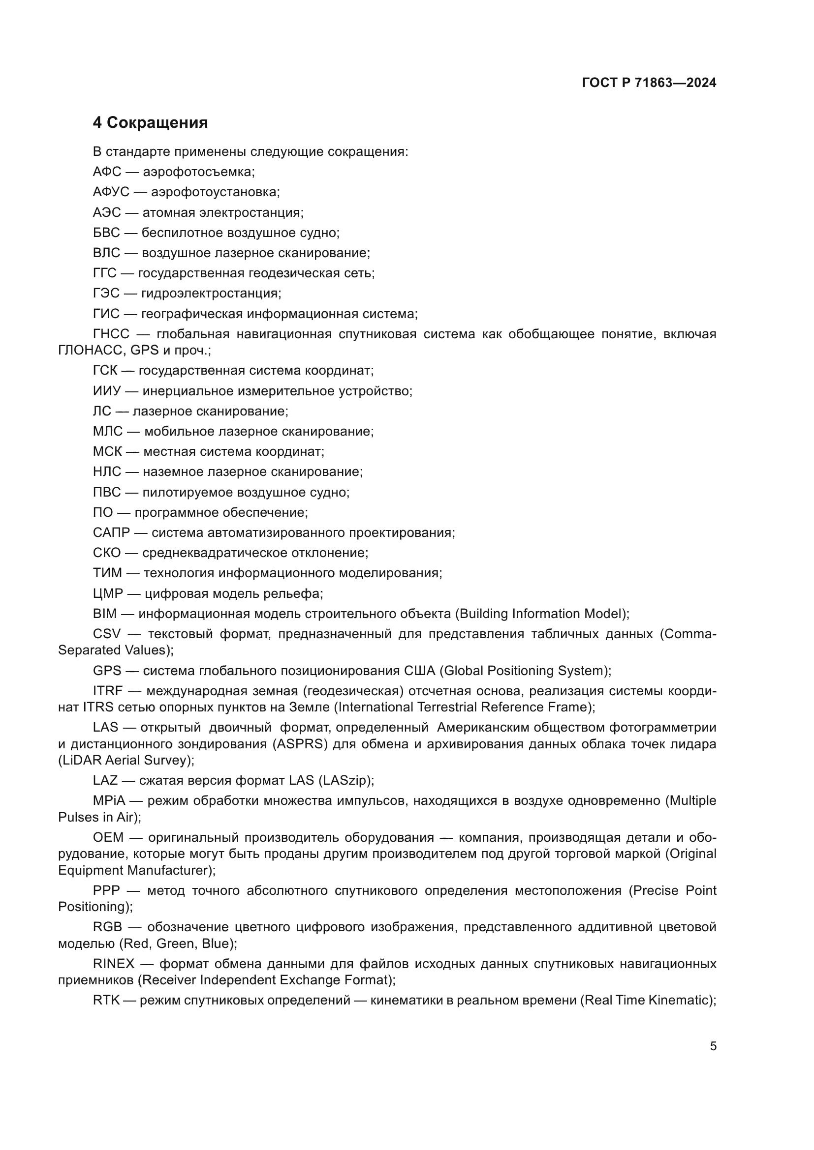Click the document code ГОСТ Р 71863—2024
pos(649,83)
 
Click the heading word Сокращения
pos(157,123)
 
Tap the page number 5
pos(713,1046)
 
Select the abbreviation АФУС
pos(111,192)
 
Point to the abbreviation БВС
pos(106,233)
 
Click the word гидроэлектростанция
pos(211,293)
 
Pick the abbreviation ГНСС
pos(111,333)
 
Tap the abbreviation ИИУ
pos(107,391)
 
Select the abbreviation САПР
pos(111,532)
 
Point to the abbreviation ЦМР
pos(108,593)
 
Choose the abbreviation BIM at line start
pos(105,614)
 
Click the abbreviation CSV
pos(107,634)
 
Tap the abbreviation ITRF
pos(108,691)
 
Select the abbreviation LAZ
pos(105,780)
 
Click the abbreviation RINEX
pos(114,964)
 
